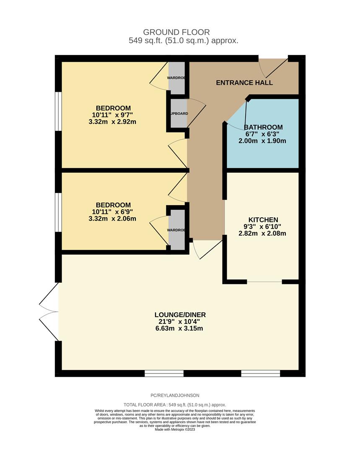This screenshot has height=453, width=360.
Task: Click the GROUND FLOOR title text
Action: [x=176, y=32]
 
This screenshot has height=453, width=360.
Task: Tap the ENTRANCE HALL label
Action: [x=244, y=83]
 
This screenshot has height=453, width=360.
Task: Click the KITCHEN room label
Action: [x=263, y=220]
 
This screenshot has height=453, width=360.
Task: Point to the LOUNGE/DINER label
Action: [x=180, y=315]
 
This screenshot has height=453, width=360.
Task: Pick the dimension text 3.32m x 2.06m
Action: [x=113, y=219]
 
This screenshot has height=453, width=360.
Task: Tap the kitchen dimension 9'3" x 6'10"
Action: [x=263, y=226]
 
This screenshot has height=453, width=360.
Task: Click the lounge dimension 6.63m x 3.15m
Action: [x=180, y=328]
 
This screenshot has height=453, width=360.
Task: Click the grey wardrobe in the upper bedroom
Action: [x=176, y=78]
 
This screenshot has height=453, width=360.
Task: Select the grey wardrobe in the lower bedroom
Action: [x=176, y=228]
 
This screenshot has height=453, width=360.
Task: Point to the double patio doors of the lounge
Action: [x=49, y=311]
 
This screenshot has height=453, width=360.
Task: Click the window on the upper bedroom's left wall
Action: [x=59, y=111]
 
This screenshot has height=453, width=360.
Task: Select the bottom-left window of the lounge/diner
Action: [x=164, y=373]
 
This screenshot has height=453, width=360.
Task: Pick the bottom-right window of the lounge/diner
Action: [x=260, y=373]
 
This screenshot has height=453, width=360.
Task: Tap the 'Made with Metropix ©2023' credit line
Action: [x=175, y=430]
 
